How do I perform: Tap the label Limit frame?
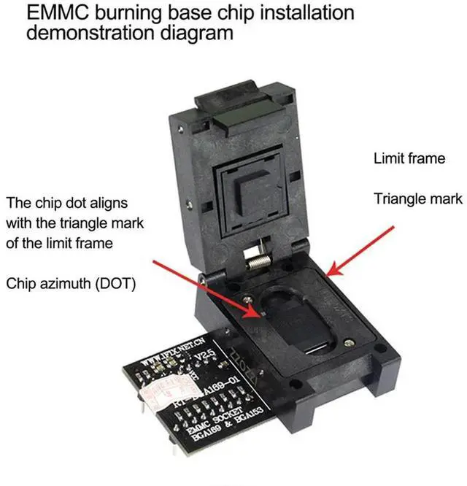409,158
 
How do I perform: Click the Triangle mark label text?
417,198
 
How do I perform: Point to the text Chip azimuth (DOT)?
72,282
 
